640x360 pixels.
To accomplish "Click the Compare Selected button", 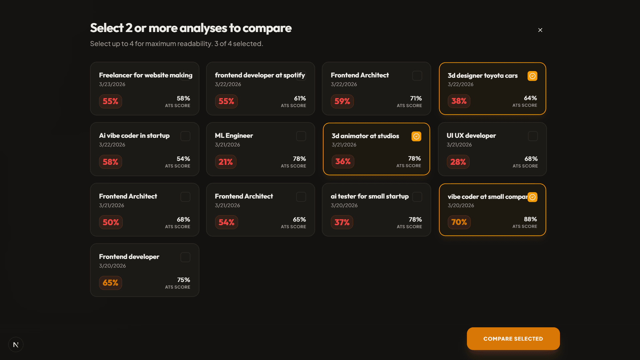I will click(x=513, y=339).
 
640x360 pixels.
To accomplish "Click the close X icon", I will click(x=540, y=30).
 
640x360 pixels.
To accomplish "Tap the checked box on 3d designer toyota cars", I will click(x=532, y=76).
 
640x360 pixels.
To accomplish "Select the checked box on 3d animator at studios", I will click(x=416, y=136).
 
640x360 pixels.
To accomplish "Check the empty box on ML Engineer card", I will click(x=301, y=136).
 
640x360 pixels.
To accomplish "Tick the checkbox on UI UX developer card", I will click(x=533, y=136).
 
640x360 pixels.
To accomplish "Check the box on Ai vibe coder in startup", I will click(x=185, y=136).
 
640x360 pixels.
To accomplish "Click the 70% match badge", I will click(x=459, y=222).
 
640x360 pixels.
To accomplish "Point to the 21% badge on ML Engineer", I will click(x=225, y=162).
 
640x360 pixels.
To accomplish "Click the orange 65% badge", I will click(x=110, y=283).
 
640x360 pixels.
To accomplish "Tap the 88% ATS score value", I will click(x=530, y=219).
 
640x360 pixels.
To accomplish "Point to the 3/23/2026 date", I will click(x=112, y=84).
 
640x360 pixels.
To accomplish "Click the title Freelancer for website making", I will click(x=145, y=75).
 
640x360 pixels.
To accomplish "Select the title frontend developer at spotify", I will click(x=260, y=75).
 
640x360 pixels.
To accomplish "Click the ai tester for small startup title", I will click(x=370, y=196).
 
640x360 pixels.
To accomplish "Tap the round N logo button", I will click(x=16, y=345).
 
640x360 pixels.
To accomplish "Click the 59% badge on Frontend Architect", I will click(x=342, y=101).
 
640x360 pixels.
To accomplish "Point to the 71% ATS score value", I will click(x=416, y=98).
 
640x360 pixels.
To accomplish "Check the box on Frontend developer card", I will click(x=185, y=257).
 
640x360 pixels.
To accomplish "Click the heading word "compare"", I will click(x=267, y=28).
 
